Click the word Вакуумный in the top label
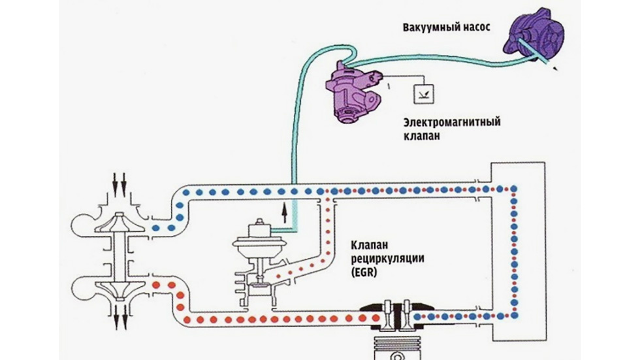click(x=424, y=27)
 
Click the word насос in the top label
click(x=472, y=27)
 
